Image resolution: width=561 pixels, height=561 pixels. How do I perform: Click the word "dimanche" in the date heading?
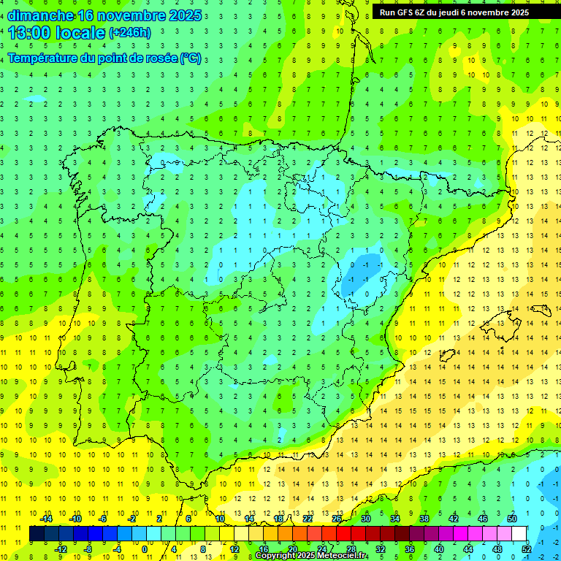(x=40, y=15)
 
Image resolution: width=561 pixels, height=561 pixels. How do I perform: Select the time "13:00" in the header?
(x=29, y=33)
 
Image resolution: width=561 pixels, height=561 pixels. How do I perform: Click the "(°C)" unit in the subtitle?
(x=191, y=58)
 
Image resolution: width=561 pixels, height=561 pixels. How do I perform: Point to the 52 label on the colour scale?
(x=527, y=549)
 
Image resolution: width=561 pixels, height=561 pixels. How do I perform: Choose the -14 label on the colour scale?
(x=47, y=519)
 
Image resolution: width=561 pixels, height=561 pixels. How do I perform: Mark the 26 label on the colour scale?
(x=337, y=519)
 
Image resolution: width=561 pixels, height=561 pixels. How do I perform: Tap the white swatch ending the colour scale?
(x=519, y=533)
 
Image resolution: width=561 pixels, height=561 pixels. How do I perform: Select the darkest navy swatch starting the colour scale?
(x=37, y=533)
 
